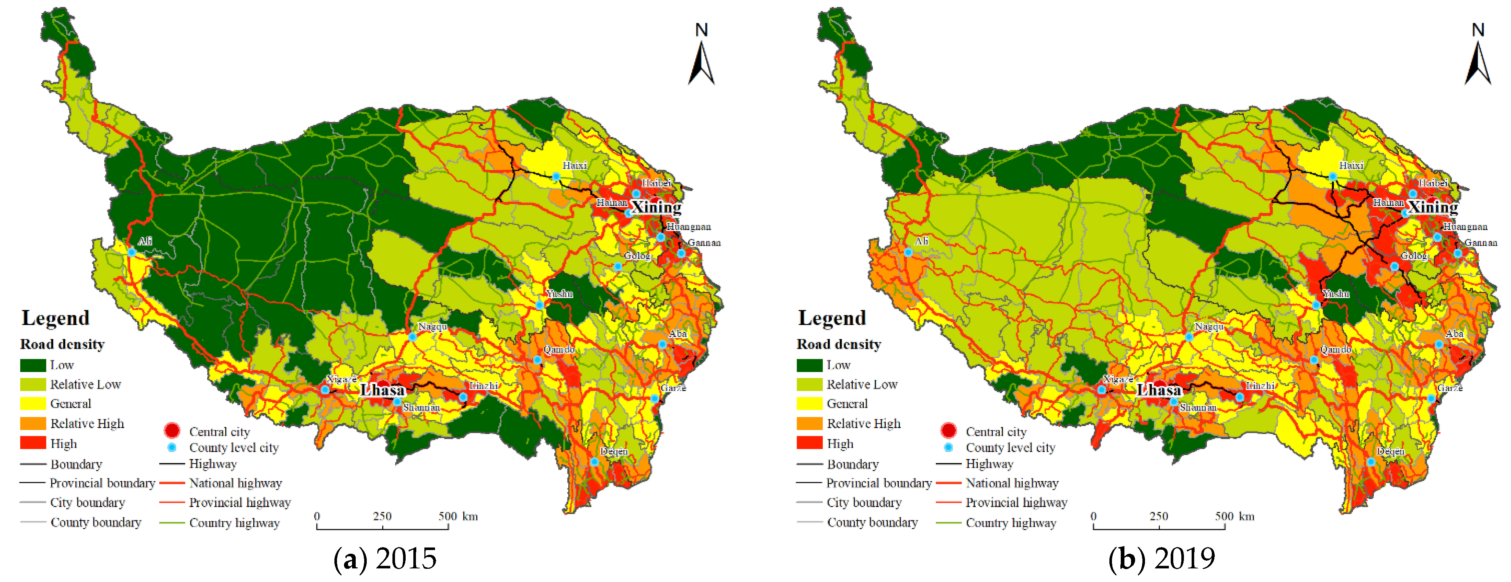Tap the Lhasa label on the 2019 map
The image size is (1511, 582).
pyautogui.click(x=1159, y=390)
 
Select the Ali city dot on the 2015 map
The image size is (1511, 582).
pyautogui.click(x=132, y=252)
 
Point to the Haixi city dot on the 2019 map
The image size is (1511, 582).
pyautogui.click(x=1333, y=176)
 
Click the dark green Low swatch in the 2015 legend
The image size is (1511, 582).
pyautogui.click(x=33, y=365)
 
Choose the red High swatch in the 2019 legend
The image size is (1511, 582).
pyautogui.click(x=809, y=443)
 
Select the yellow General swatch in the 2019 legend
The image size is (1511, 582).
pyautogui.click(x=809, y=404)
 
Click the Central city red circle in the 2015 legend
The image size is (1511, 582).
pyautogui.click(x=172, y=431)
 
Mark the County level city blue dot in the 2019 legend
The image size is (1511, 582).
pyautogui.click(x=949, y=448)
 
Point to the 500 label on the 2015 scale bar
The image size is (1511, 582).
pyautogui.click(x=447, y=516)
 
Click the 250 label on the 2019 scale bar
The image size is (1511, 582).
pyautogui.click(x=1159, y=516)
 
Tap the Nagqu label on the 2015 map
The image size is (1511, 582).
pyautogui.click(x=433, y=327)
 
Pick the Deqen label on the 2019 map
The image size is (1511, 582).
pyautogui.click(x=1390, y=451)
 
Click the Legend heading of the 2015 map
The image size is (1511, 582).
pyautogui.click(x=56, y=318)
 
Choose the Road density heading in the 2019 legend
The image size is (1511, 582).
pyautogui.click(x=839, y=344)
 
